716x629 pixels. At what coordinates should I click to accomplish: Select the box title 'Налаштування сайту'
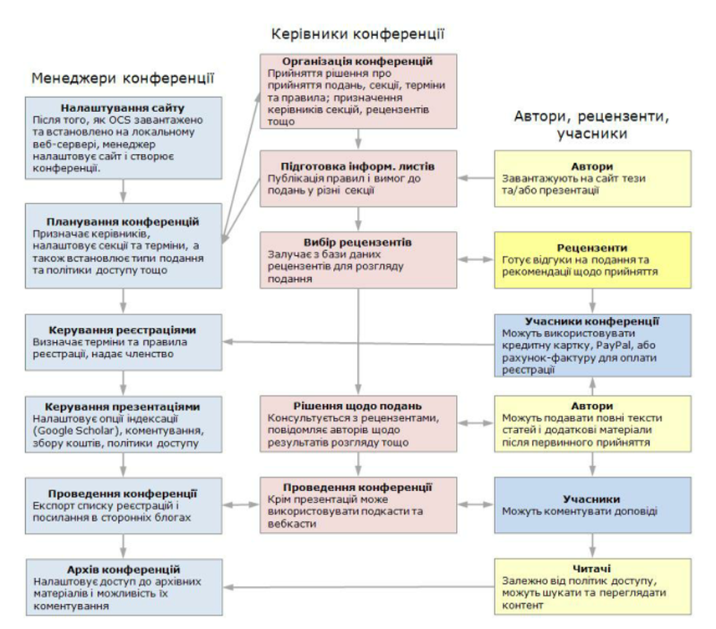(x=123, y=109)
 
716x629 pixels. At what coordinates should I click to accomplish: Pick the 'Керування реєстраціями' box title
(x=123, y=330)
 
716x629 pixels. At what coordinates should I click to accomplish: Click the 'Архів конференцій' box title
(x=124, y=569)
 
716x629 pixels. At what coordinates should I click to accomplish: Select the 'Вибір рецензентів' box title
(x=358, y=243)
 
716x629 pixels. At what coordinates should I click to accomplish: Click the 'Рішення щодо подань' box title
(x=358, y=407)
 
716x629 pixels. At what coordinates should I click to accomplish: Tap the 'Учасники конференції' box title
(x=592, y=320)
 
